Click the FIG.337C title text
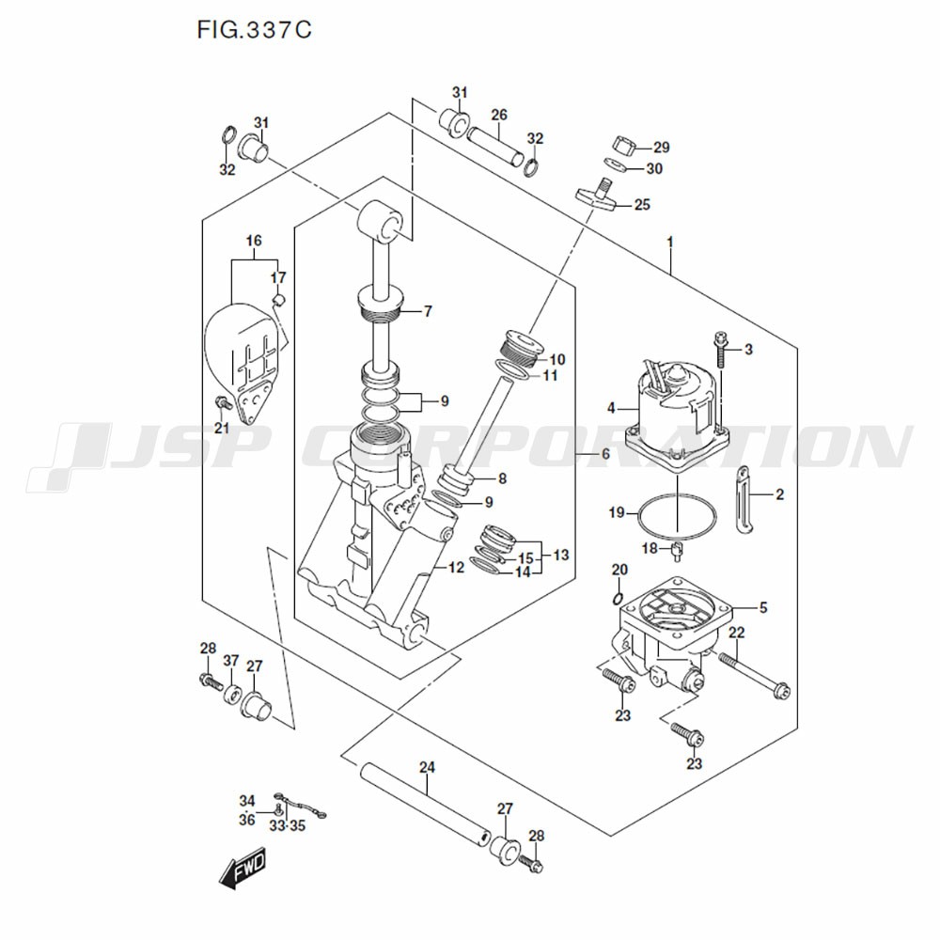(x=254, y=29)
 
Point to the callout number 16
(x=254, y=241)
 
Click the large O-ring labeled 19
(x=678, y=514)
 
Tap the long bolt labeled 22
(x=754, y=676)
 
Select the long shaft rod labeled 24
(x=426, y=804)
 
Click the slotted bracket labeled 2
(x=744, y=497)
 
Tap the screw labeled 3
(x=721, y=350)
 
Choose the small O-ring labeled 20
(x=619, y=598)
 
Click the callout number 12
(x=456, y=567)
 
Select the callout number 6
(x=604, y=454)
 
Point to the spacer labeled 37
(x=232, y=693)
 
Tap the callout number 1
(x=670, y=243)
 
